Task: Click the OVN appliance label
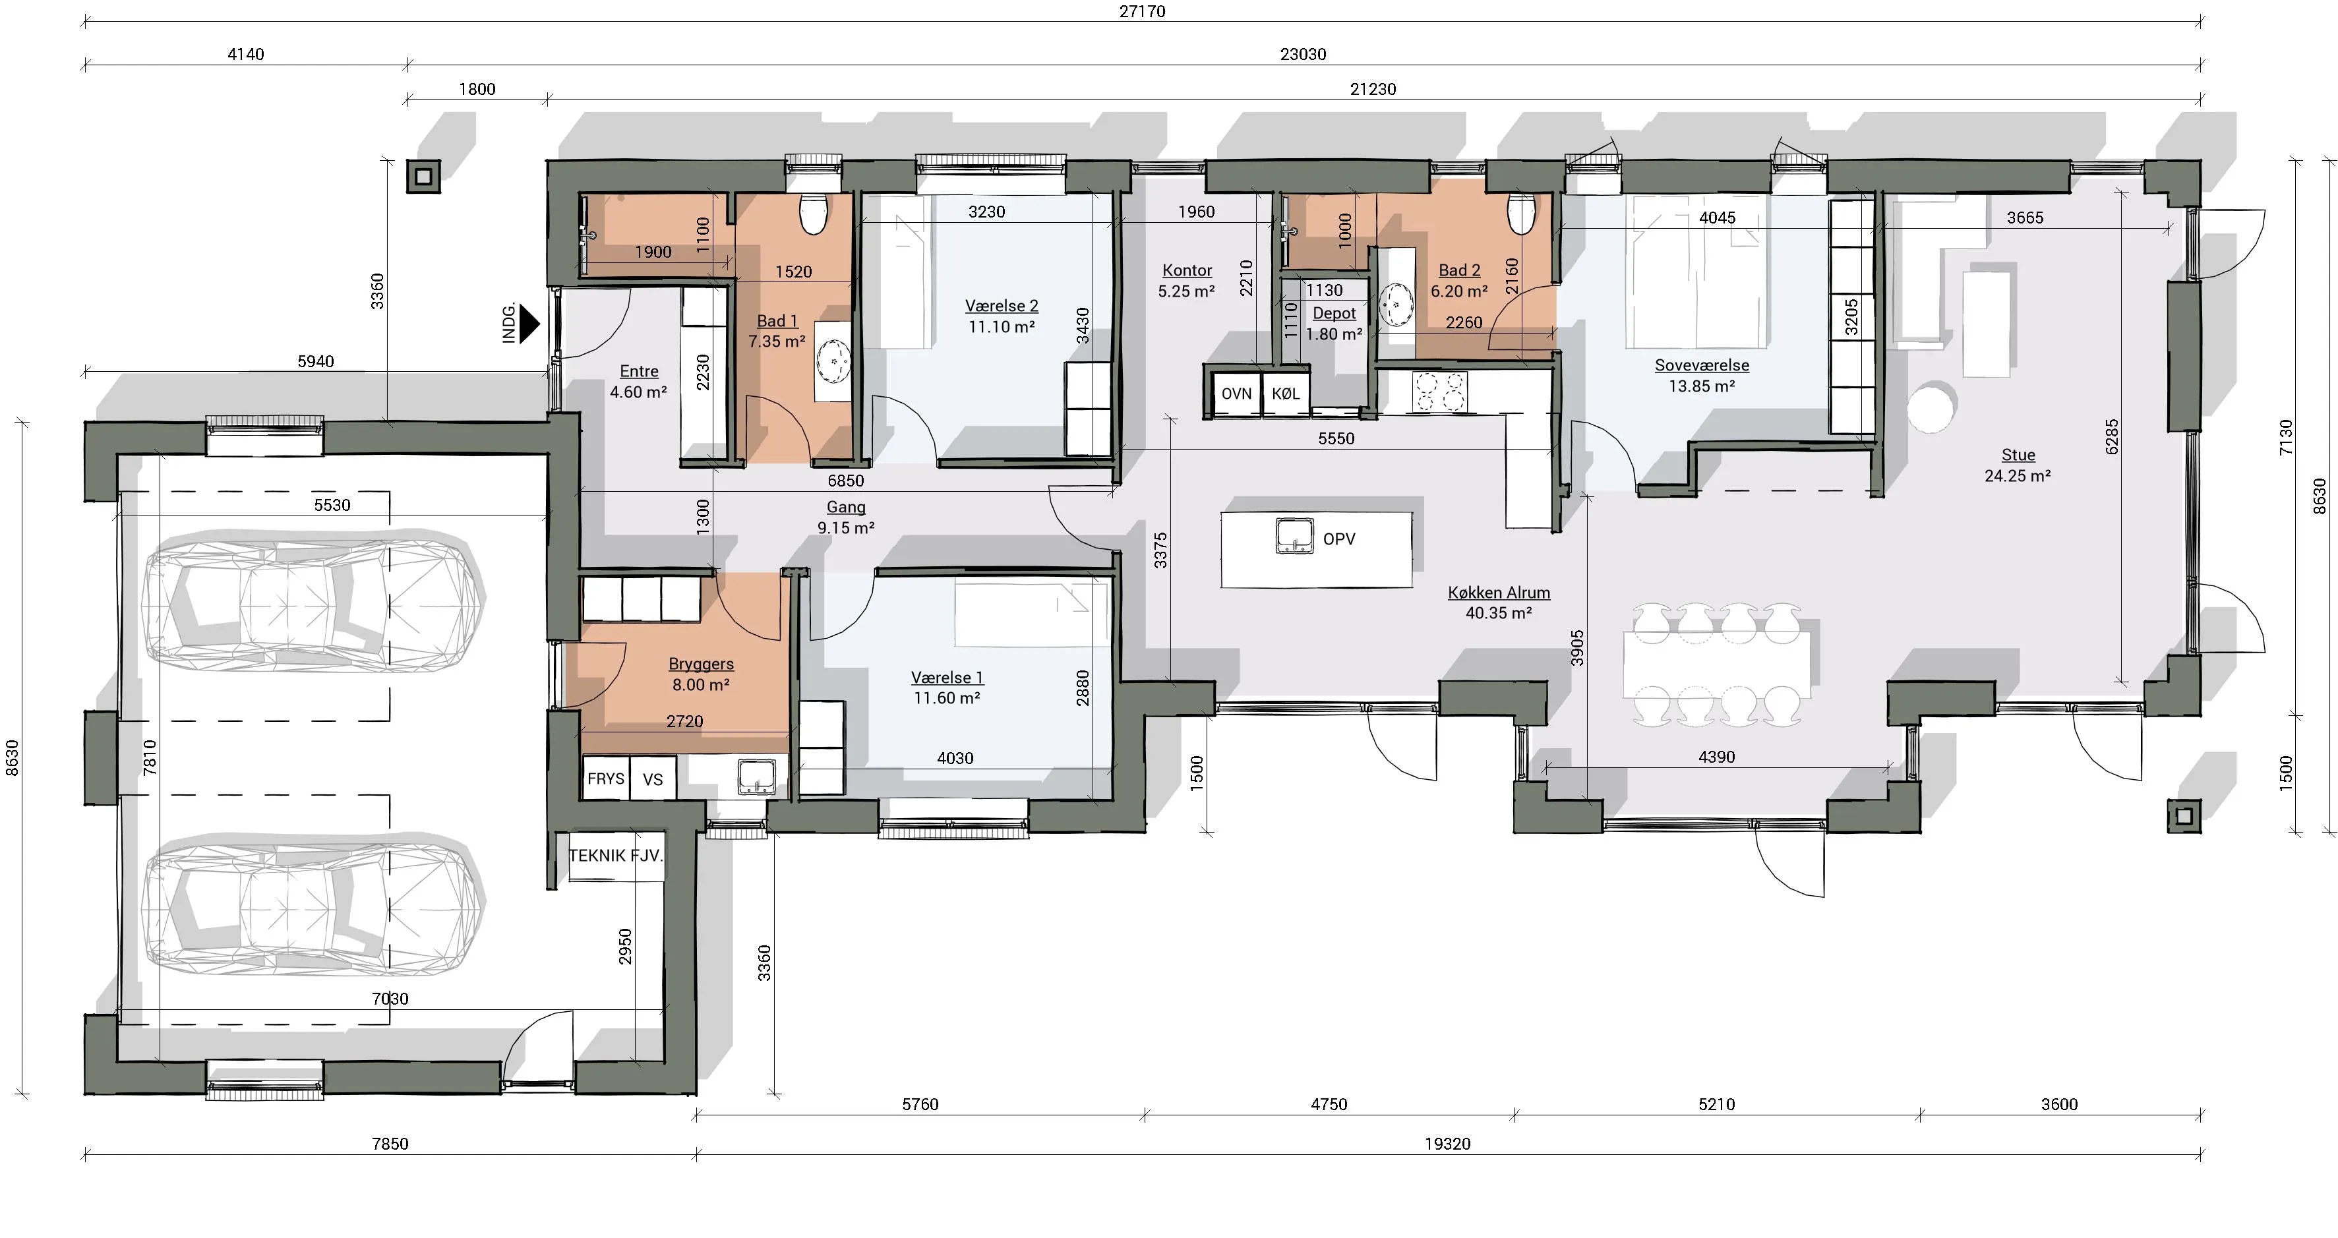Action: pyautogui.click(x=1236, y=394)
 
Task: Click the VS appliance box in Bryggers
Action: pyautogui.click(x=653, y=778)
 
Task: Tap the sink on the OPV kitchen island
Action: pyautogui.click(x=1294, y=535)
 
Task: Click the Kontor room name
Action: pyautogui.click(x=1187, y=270)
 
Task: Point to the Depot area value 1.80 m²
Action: pyautogui.click(x=1334, y=334)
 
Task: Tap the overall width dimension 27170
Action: pyautogui.click(x=1142, y=11)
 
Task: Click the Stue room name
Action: pyautogui.click(x=2018, y=455)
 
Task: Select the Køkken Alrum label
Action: pyautogui.click(x=1499, y=593)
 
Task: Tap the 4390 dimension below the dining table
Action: pyautogui.click(x=1716, y=757)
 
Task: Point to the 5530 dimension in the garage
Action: pyautogui.click(x=332, y=505)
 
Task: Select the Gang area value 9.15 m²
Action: pyautogui.click(x=846, y=527)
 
